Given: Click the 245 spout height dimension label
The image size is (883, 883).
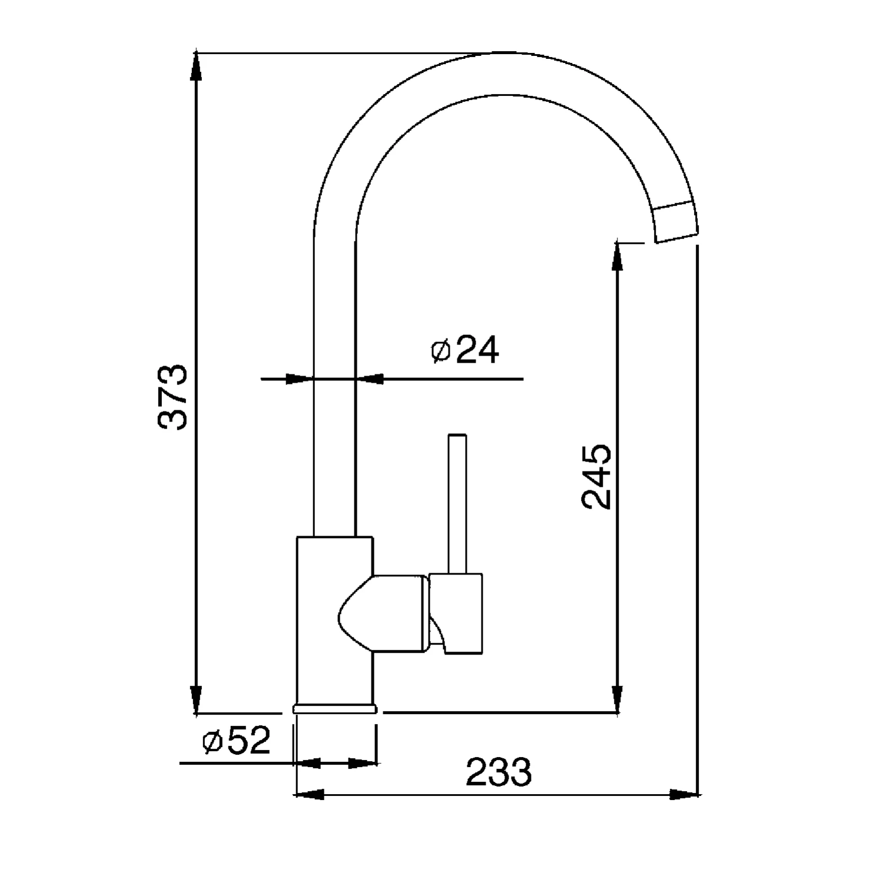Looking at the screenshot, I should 596,477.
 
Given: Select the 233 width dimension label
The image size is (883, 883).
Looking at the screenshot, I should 499,772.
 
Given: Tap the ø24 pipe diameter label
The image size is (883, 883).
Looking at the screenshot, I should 465,351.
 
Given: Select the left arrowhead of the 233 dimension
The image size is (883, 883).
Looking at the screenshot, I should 309,794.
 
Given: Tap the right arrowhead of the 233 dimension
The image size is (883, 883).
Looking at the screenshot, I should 685,794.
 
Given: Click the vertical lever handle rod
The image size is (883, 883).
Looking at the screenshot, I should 457,503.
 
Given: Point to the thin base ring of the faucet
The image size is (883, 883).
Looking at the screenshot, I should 334,708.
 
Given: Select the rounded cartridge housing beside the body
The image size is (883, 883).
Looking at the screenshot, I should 383,613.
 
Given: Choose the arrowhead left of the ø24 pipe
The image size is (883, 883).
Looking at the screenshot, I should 298,379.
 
